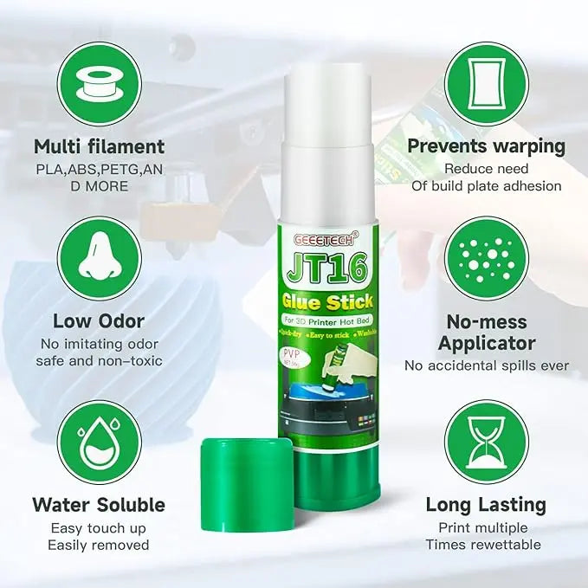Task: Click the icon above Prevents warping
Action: tap(485, 81)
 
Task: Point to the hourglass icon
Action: tap(485, 449)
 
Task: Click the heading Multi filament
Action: tap(99, 145)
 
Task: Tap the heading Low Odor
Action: tap(98, 322)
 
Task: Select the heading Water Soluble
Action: tap(99, 504)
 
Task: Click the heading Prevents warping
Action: tap(486, 145)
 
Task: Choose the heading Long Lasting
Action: tap(486, 504)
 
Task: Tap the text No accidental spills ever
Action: tap(485, 365)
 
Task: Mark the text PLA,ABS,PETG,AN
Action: tap(98, 168)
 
